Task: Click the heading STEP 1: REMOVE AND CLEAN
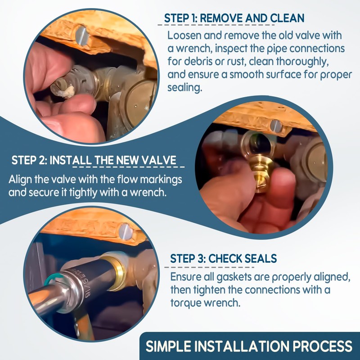pyautogui.click(x=234, y=19)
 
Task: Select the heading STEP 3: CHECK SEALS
pyautogui.click(x=223, y=259)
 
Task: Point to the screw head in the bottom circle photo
pyautogui.click(x=124, y=231)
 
